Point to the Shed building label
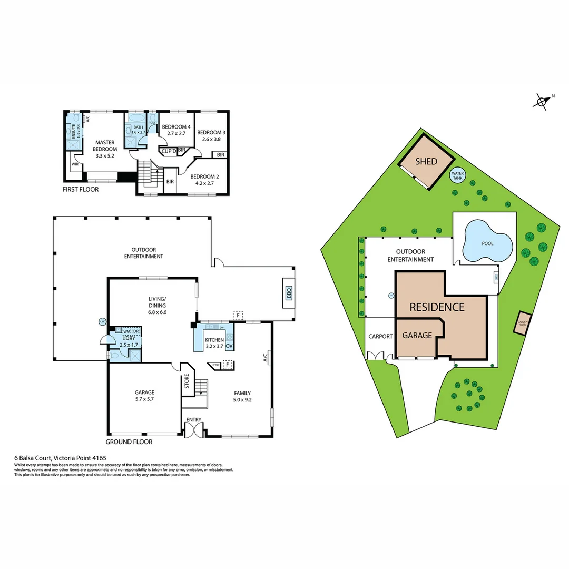426,161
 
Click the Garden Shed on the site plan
523,322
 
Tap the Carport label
380,336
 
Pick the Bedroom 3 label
211,133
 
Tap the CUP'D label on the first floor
169,151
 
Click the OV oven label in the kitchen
229,346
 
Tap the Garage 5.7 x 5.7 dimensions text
144,399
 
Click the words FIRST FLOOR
80,189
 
